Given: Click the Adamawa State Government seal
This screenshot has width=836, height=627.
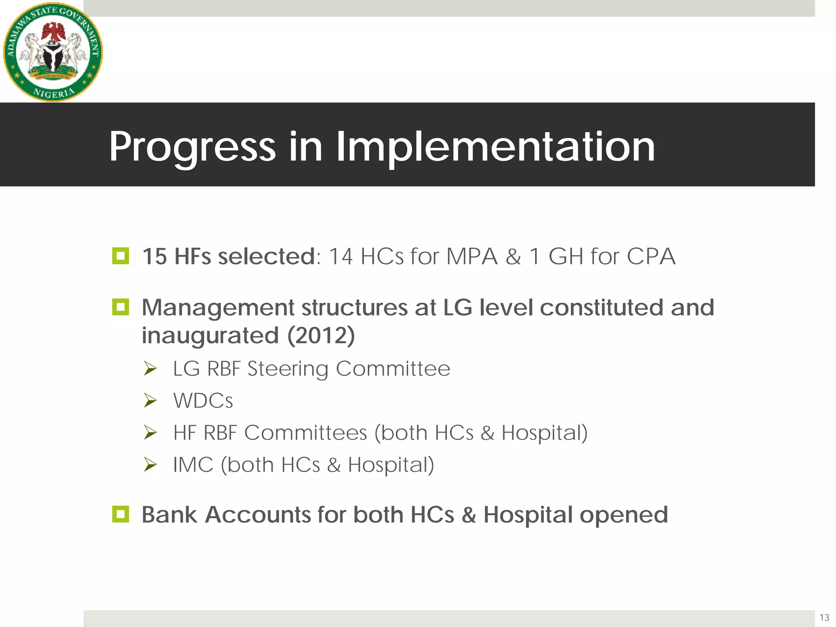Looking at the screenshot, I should point(53,52).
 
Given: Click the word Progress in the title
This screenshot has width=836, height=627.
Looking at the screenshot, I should point(192,147).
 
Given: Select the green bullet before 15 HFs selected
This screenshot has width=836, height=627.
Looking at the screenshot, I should point(120,256).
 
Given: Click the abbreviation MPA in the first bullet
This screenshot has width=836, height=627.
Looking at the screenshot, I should point(471,257).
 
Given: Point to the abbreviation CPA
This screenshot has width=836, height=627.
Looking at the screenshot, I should point(651,257).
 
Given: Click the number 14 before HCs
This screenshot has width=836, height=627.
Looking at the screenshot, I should point(340,257).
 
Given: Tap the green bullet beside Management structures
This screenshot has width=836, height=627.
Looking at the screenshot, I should point(120,307).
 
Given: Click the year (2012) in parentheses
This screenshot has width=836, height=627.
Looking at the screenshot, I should point(321,336).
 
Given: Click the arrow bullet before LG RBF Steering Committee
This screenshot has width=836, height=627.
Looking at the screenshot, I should point(150,369).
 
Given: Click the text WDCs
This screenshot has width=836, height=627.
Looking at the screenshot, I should point(203,401).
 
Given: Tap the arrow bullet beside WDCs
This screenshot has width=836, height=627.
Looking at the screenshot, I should point(150,401).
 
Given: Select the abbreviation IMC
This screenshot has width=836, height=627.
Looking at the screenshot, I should point(193,465).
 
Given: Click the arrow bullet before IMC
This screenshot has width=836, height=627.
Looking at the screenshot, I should point(150,465).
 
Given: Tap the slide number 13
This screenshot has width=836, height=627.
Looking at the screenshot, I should point(824,617).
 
